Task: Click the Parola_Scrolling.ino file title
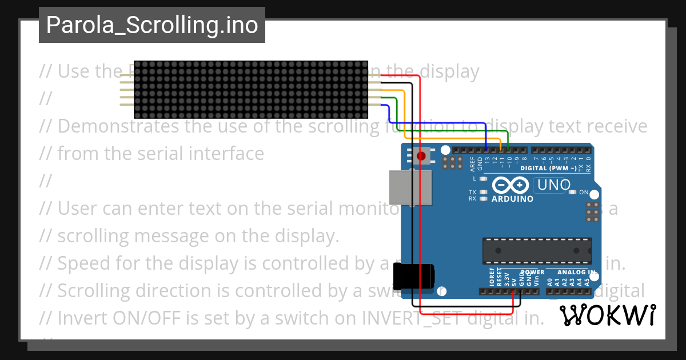tap(151, 25)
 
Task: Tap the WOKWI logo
tap(607, 315)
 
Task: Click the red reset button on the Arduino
tap(422, 156)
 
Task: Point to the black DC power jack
tap(417, 276)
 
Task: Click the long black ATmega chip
tap(536, 251)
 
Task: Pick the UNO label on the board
tap(553, 185)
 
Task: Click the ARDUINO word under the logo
tap(512, 199)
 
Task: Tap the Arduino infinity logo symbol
tap(510, 185)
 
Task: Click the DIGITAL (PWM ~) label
tap(548, 169)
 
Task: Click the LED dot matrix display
tap(250, 89)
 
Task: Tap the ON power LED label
tap(584, 193)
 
